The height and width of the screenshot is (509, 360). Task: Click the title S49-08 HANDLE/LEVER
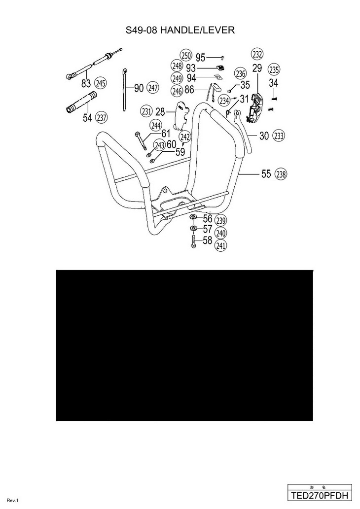180,31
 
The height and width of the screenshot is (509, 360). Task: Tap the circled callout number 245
101,83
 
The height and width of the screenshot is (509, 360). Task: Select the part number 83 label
86,83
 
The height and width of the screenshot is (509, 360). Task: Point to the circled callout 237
101,117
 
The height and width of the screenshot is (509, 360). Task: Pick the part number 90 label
139,88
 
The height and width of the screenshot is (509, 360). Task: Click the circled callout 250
185,55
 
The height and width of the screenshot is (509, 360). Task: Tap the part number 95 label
200,57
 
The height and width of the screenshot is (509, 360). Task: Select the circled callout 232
257,54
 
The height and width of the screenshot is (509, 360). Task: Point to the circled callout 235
274,69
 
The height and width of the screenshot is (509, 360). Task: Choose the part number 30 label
264,136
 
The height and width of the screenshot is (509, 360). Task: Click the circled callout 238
281,174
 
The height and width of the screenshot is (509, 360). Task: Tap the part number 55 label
266,174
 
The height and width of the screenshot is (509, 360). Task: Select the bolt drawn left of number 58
193,241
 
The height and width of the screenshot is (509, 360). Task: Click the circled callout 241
221,245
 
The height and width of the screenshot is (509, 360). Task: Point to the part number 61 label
166,133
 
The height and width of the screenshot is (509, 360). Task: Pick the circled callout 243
159,145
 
